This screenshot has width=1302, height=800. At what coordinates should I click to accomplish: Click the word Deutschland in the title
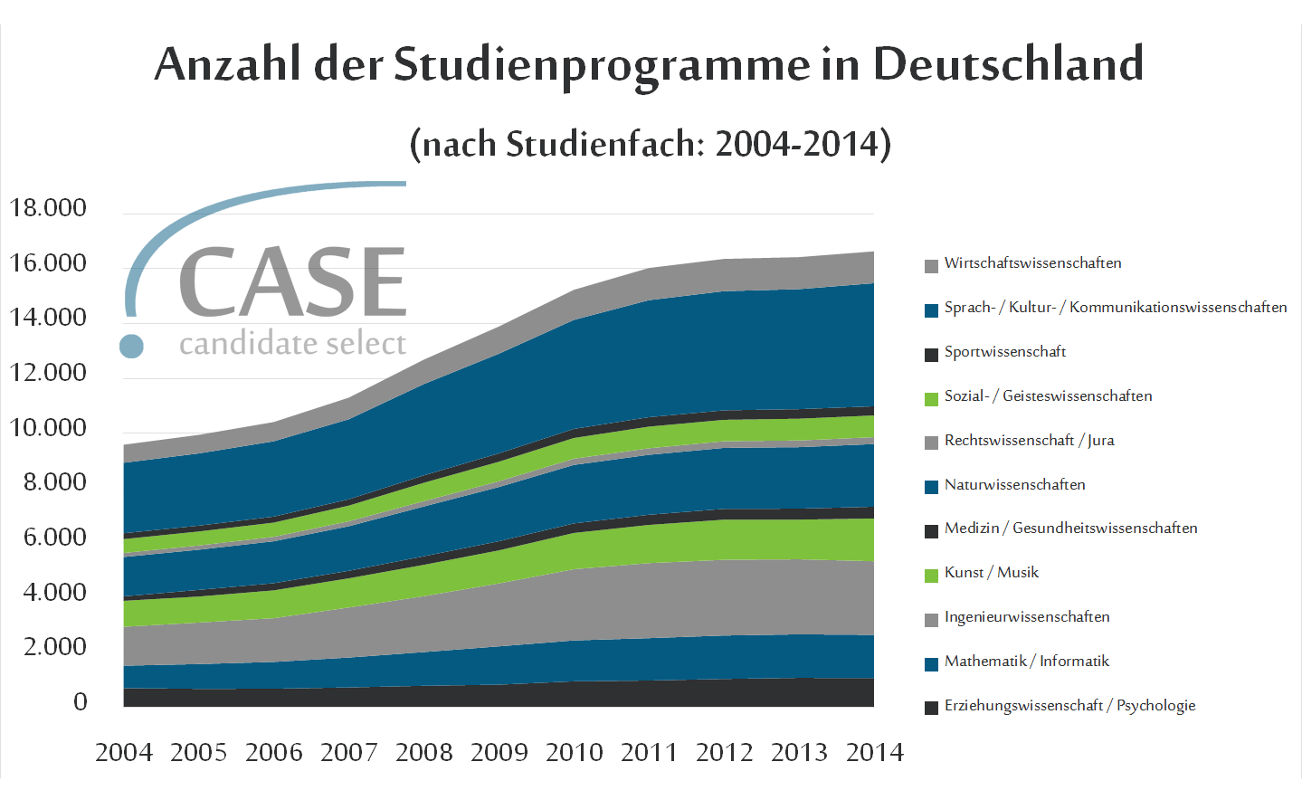[1008, 65]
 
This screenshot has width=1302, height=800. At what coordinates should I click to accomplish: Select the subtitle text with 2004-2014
[651, 144]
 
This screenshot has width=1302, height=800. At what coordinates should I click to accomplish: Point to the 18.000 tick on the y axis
[48, 208]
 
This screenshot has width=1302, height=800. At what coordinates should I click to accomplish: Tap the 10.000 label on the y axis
[48, 428]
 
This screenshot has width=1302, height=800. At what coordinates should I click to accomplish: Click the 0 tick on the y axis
[81, 702]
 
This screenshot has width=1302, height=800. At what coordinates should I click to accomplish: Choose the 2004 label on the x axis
[124, 752]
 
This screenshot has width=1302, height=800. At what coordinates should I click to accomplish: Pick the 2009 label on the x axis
[499, 752]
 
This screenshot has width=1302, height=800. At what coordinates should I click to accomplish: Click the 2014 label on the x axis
[874, 752]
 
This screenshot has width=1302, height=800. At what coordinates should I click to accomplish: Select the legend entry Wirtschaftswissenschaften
[1032, 263]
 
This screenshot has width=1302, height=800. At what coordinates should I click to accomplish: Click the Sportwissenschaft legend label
[1004, 352]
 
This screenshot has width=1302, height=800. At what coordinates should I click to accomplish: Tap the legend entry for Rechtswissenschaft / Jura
[1029, 441]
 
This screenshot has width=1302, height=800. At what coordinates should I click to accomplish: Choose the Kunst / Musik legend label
[991, 573]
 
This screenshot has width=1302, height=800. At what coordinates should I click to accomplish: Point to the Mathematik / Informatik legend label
[1026, 662]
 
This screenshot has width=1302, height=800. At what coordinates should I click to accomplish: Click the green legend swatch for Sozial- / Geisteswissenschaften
[931, 399]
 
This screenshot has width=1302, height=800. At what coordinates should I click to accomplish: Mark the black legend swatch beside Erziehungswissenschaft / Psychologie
[931, 708]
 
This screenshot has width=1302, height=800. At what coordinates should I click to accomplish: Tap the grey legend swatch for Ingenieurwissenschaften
[931, 620]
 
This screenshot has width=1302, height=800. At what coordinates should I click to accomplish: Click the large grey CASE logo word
[292, 283]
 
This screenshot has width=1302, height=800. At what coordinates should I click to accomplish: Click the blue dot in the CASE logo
[132, 346]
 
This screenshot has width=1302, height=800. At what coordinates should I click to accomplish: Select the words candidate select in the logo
[292, 344]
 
